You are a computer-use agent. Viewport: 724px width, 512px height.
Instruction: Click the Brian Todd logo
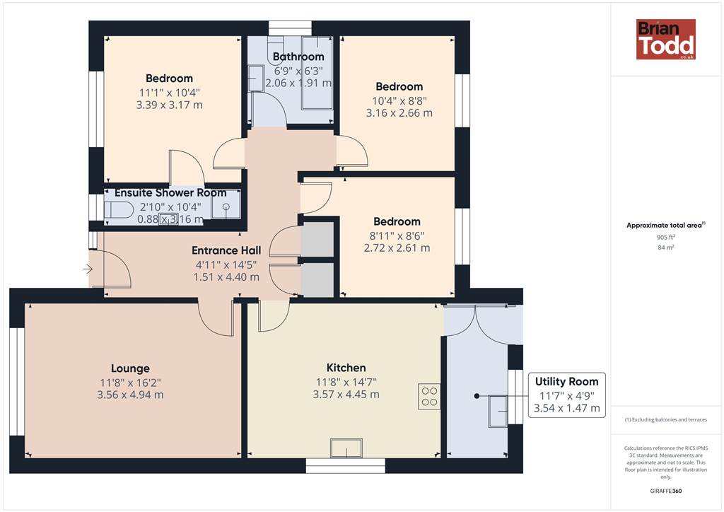pyautogui.click(x=665, y=39)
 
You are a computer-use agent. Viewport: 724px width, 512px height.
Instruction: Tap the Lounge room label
pyautogui.click(x=130, y=368)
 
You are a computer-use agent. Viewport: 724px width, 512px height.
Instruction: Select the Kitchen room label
pyautogui.click(x=346, y=368)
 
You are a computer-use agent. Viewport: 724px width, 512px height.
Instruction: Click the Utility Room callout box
pyautogui.click(x=566, y=395)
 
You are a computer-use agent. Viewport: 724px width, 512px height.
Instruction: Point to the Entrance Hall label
pyautogui.click(x=226, y=250)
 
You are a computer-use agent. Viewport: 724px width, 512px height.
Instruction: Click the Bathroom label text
pyautogui.click(x=298, y=57)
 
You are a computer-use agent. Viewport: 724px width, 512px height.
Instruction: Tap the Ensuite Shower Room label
pyautogui.click(x=170, y=192)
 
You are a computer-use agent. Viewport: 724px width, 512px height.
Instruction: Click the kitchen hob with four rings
pyautogui.click(x=429, y=397)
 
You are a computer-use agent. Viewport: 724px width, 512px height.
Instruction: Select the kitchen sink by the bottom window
pyautogui.click(x=346, y=448)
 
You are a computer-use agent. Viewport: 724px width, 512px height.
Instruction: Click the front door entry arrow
pyautogui.click(x=88, y=269)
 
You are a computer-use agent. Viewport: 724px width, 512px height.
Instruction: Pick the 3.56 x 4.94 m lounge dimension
pyautogui.click(x=130, y=395)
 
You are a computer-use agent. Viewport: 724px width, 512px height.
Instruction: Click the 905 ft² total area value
pyautogui.click(x=665, y=238)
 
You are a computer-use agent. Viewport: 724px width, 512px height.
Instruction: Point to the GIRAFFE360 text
pyautogui.click(x=665, y=491)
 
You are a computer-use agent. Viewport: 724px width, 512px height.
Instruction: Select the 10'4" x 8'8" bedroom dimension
pyautogui.click(x=399, y=100)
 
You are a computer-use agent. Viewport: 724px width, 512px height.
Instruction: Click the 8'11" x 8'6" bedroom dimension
pyautogui.click(x=397, y=235)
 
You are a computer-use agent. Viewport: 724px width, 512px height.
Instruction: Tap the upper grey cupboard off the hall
pyautogui.click(x=317, y=239)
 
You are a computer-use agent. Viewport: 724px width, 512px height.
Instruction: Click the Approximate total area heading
pyautogui.click(x=664, y=226)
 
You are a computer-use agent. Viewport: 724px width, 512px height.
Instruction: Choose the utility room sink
pyautogui.click(x=498, y=411)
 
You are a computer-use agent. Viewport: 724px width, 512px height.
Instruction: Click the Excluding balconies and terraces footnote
pyautogui.click(x=666, y=419)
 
